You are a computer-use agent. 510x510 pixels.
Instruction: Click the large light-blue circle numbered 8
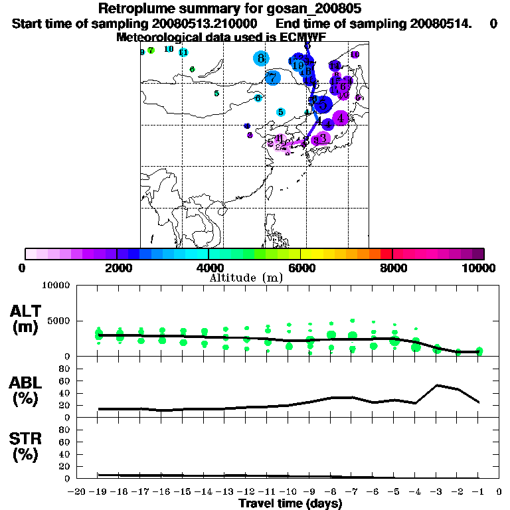pos(262,58)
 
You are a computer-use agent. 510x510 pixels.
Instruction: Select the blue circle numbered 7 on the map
pos(272,78)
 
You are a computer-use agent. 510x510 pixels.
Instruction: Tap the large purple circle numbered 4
pos(341,118)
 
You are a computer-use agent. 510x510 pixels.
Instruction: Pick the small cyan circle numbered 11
pos(183,52)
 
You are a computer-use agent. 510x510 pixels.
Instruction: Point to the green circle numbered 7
pos(151,50)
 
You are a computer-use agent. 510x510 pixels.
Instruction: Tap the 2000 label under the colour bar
pos(116,268)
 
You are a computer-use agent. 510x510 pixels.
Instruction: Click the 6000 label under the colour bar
pos(300,268)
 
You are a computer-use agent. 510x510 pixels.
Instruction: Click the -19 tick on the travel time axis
pos(98,492)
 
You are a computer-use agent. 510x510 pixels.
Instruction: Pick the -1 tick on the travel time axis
pos(477,492)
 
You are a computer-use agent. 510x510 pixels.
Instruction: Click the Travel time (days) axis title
pos(290,503)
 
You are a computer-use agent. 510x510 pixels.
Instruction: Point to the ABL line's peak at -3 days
pos(437,385)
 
